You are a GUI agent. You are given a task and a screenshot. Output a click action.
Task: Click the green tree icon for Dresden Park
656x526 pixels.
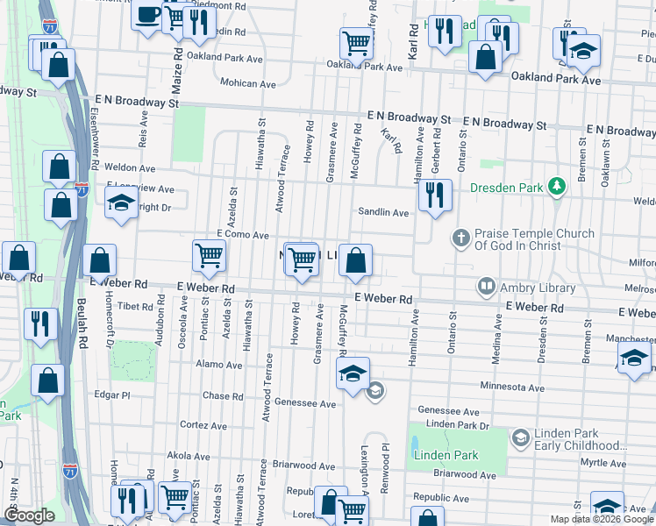click(555, 187)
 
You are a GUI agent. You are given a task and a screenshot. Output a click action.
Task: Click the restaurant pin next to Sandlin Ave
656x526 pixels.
click(434, 196)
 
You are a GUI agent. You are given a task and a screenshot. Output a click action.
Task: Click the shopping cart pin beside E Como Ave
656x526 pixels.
click(210, 256)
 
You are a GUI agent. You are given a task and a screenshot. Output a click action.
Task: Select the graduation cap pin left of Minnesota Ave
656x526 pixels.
click(353, 373)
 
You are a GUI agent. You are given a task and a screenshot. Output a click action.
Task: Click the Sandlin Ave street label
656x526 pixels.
click(383, 212)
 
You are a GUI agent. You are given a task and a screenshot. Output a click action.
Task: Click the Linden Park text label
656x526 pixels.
click(445, 454)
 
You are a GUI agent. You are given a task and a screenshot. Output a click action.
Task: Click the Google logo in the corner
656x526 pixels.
click(29, 515)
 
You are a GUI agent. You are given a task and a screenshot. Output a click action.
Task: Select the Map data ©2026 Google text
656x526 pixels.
click(601, 519)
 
